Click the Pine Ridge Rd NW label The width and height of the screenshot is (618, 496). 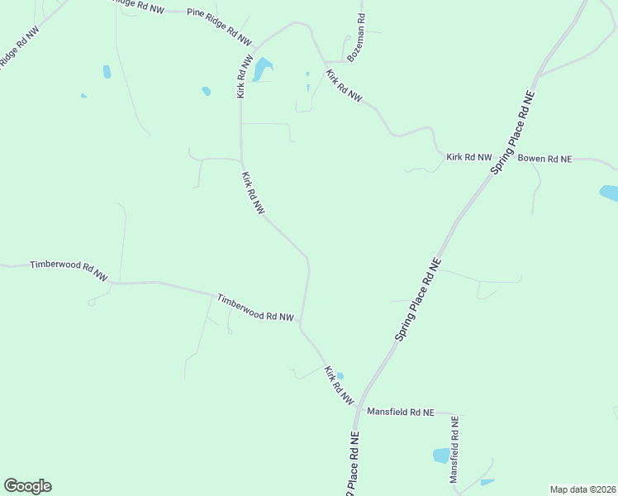tap(219, 26)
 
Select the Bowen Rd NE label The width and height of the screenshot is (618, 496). tap(544, 157)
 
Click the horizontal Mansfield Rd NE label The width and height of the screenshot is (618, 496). tap(400, 411)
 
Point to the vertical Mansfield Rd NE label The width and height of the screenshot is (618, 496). tap(454, 450)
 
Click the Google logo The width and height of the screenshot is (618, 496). tap(27, 485)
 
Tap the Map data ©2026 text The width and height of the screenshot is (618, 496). tap(582, 489)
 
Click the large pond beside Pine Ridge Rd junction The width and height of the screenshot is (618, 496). tap(261, 69)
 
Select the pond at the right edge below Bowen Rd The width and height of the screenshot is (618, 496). tap(609, 193)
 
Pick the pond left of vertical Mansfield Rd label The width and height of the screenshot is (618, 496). tap(441, 455)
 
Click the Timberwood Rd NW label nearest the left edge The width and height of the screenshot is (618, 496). tap(69, 270)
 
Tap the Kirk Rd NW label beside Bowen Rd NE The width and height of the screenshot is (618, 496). tap(468, 156)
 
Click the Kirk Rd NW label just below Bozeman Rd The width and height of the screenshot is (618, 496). tap(344, 86)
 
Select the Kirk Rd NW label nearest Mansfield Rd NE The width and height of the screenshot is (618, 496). tap(339, 384)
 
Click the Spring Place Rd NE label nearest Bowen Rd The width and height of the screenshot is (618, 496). tap(513, 145)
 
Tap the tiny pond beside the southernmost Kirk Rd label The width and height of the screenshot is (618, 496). tap(340, 375)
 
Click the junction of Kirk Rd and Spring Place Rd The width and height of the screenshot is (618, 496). tap(357, 406)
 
